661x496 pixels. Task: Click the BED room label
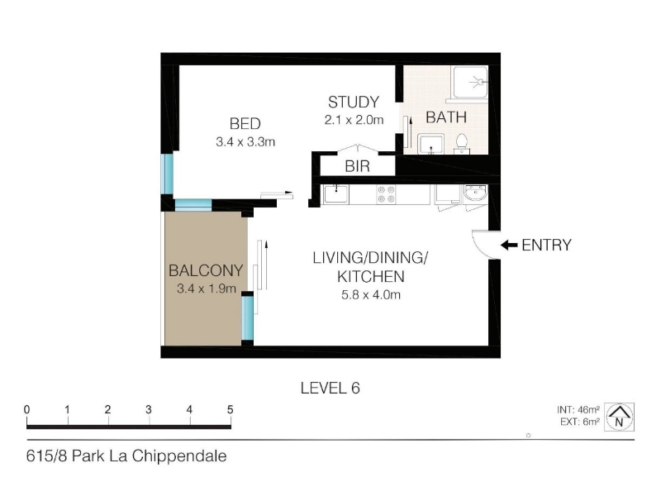coord(245,124)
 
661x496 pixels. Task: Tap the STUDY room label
coord(354,103)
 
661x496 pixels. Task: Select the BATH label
coord(446,117)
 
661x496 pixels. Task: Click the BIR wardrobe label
coord(357,167)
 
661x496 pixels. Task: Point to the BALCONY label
coord(206,270)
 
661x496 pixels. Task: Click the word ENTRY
coord(546,245)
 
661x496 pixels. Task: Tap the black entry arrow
coord(509,245)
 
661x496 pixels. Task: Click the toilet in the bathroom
coord(462,143)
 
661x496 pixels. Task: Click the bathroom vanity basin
coord(430,144)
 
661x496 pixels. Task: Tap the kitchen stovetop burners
coord(386,194)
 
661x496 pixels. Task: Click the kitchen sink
coord(336,194)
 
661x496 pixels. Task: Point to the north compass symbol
coord(619,417)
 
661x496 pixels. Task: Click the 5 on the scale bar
coord(231,409)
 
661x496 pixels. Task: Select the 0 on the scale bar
coord(27,409)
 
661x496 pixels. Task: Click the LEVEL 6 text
coord(330,388)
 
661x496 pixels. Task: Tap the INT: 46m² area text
coord(578,409)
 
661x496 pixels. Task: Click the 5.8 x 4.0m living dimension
coord(371,295)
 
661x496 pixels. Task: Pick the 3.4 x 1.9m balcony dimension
coord(206,289)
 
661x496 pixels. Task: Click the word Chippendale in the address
coord(179,456)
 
